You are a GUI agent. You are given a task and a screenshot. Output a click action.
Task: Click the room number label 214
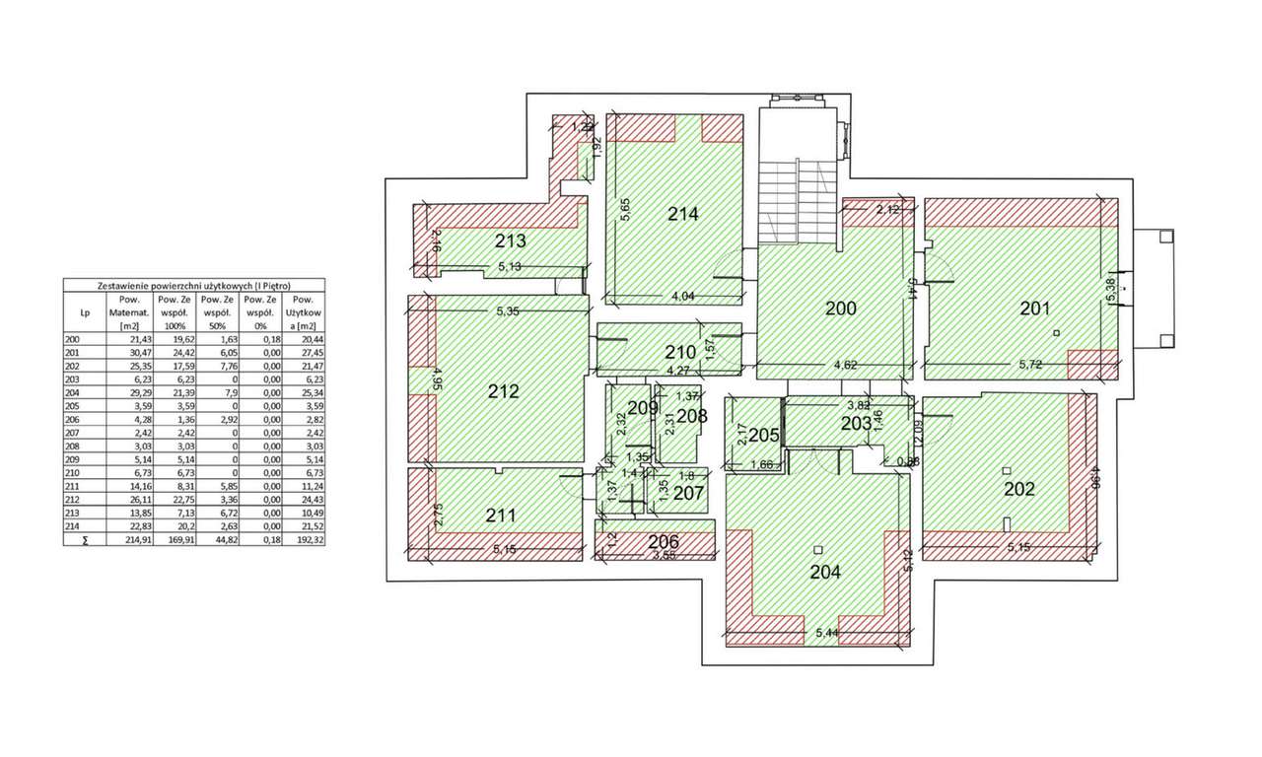click(682, 213)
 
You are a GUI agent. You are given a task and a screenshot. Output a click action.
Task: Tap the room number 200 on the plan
click(840, 309)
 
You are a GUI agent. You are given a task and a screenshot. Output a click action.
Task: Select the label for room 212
click(503, 391)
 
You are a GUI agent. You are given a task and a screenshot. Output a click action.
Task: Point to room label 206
click(664, 540)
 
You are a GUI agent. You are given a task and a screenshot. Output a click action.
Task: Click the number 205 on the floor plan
click(764, 436)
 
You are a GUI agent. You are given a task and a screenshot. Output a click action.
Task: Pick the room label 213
click(511, 241)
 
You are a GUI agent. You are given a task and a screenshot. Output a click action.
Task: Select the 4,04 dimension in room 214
click(683, 296)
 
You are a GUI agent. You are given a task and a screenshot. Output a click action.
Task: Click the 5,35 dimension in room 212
click(509, 311)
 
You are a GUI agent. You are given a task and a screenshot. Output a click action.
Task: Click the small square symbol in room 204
click(818, 549)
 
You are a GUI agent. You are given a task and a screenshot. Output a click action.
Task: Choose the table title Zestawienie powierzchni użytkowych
click(193, 285)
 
